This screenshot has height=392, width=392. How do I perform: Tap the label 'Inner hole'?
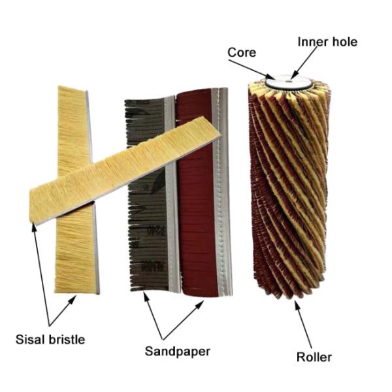pyautogui.click(x=327, y=42)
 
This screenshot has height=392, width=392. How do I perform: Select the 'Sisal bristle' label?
pyautogui.click(x=51, y=339)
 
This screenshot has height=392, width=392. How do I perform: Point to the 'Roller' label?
pyautogui.click(x=314, y=357)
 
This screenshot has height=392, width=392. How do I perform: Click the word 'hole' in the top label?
pyautogui.click(x=345, y=42)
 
